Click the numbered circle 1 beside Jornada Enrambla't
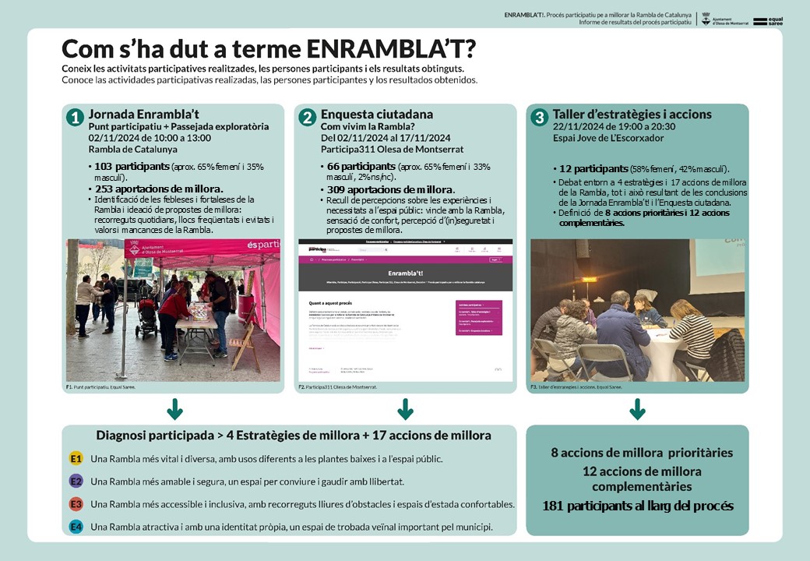76,117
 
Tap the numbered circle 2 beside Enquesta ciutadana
308,117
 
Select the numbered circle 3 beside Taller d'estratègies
539,117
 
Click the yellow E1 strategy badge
76,458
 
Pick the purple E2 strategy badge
76,482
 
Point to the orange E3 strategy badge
76,504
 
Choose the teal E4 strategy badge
76,527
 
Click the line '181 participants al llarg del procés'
637,506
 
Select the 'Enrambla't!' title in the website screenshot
405,275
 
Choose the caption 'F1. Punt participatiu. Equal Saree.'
101,386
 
